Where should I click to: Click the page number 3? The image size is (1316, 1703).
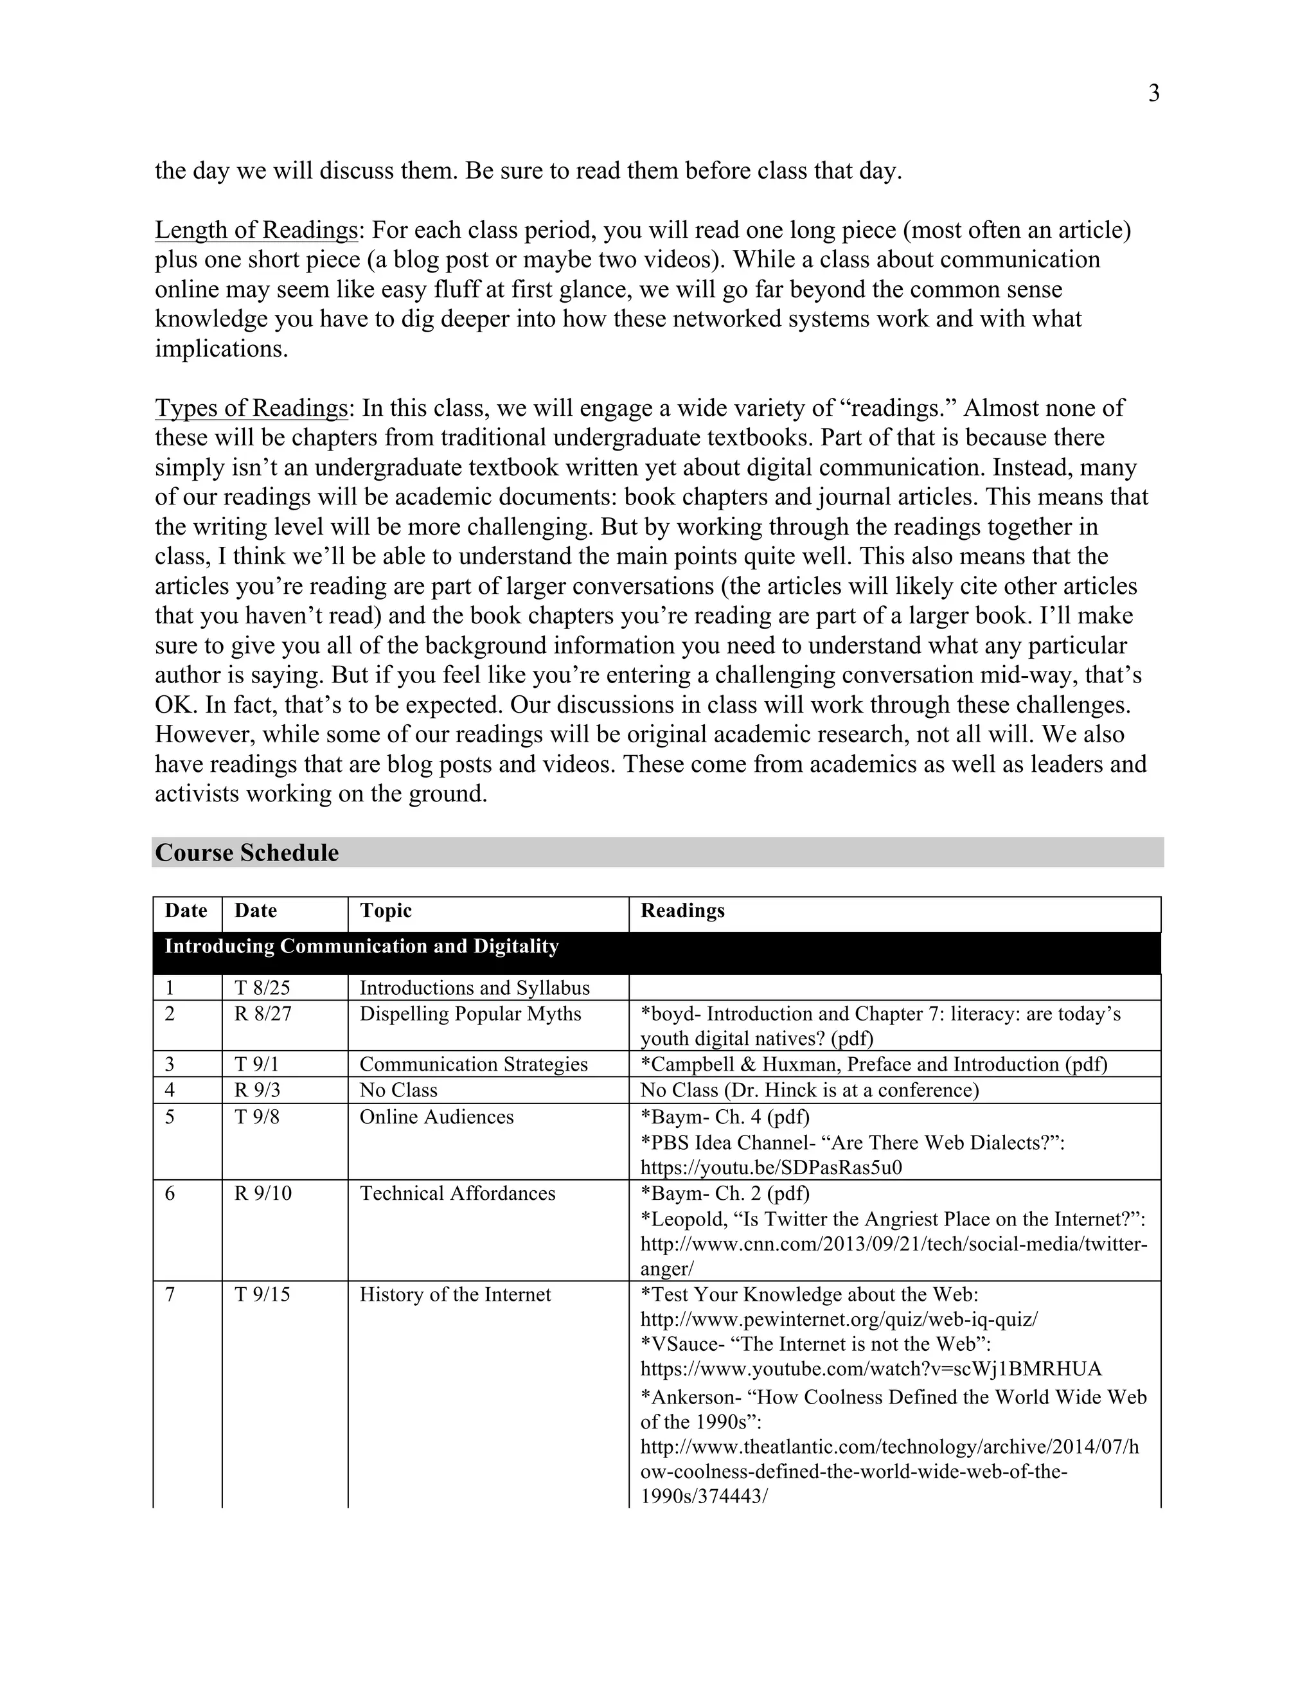pyautogui.click(x=1154, y=94)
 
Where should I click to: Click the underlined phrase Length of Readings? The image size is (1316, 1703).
pyautogui.click(x=256, y=230)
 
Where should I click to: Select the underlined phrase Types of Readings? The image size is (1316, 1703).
pyautogui.click(x=251, y=408)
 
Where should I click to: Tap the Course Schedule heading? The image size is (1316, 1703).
pyautogui.click(x=247, y=852)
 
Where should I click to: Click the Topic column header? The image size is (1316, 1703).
pyautogui.click(x=385, y=911)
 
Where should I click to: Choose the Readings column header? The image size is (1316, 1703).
pyautogui.click(x=682, y=911)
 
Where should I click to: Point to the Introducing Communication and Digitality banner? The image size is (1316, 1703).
pyautogui.click(x=362, y=947)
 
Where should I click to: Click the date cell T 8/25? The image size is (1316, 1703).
pyautogui.click(x=262, y=988)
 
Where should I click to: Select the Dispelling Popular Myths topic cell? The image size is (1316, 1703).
pyautogui.click(x=470, y=1013)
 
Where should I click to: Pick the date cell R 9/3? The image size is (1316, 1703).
pyautogui.click(x=257, y=1090)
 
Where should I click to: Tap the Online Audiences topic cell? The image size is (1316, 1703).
pyautogui.click(x=436, y=1117)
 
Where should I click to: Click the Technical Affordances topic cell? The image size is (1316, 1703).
pyautogui.click(x=457, y=1193)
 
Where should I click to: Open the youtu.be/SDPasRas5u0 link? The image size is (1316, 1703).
pyautogui.click(x=771, y=1167)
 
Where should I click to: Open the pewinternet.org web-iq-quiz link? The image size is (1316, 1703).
pyautogui.click(x=839, y=1319)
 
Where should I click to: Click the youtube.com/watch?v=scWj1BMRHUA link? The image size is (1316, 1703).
pyautogui.click(x=871, y=1369)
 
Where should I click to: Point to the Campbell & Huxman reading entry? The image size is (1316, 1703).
pyautogui.click(x=873, y=1064)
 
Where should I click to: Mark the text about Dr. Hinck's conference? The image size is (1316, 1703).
pyautogui.click(x=809, y=1090)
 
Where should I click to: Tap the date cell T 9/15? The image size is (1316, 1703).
pyautogui.click(x=262, y=1294)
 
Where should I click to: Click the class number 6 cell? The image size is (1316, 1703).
pyautogui.click(x=170, y=1193)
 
